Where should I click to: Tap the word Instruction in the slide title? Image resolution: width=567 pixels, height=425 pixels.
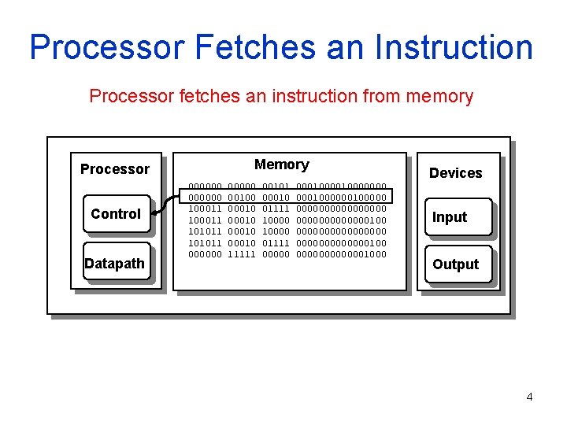448,47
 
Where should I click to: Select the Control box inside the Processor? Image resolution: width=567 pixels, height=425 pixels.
116,214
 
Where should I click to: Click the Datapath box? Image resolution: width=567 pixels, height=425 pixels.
115,264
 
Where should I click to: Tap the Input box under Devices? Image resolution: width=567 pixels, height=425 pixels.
450,217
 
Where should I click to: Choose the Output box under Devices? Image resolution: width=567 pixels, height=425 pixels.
455,264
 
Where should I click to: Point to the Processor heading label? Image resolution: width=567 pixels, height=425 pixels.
115,169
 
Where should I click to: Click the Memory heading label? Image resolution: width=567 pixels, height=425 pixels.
282,164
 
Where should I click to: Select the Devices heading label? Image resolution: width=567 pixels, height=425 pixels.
455,173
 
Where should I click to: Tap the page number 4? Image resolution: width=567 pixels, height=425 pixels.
529,397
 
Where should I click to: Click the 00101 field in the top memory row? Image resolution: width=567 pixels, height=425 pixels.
276,187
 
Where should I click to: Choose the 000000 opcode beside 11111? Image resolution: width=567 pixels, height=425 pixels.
204,254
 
